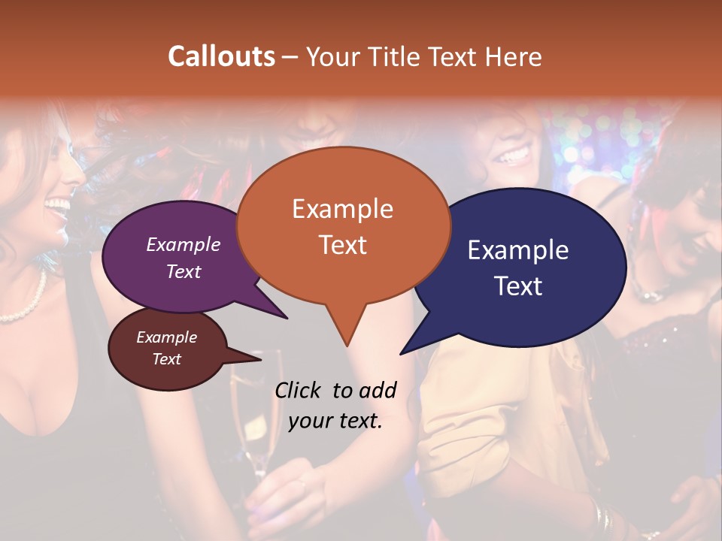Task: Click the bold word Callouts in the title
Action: [x=221, y=56]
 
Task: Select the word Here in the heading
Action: [x=514, y=56]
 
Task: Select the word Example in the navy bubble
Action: [x=517, y=250]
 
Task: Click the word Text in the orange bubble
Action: [x=343, y=245]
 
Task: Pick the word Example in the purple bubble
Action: [x=183, y=244]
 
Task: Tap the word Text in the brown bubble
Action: [x=166, y=359]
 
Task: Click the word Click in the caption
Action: [x=299, y=390]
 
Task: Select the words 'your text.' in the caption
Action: [x=335, y=422]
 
